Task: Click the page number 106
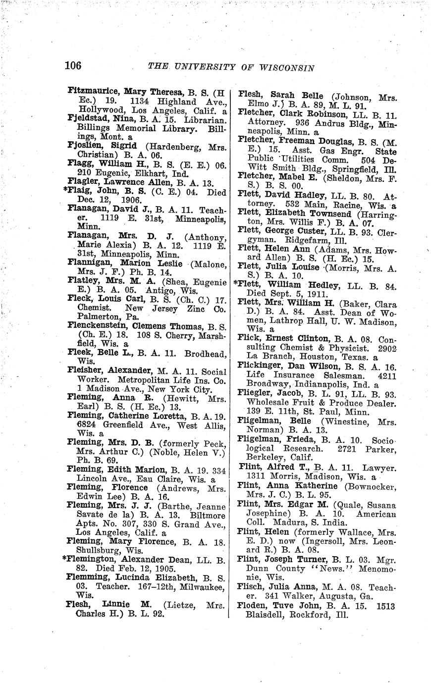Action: point(73,65)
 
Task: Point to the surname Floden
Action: point(253,605)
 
